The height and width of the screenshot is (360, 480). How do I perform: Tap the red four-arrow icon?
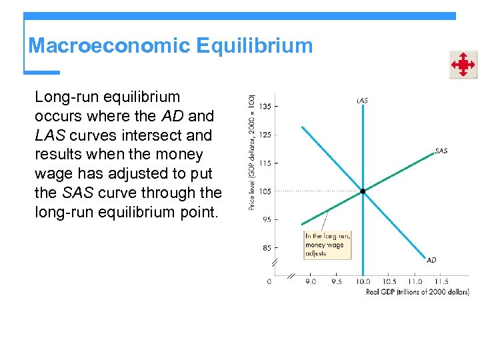pyautogui.click(x=462, y=65)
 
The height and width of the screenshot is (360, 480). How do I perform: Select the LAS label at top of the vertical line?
pyautogui.click(x=362, y=101)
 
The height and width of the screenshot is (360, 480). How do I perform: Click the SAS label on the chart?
pyautogui.click(x=441, y=151)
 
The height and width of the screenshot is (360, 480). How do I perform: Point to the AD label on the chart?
pyautogui.click(x=431, y=260)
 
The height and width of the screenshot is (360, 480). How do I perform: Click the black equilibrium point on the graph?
pyautogui.click(x=363, y=191)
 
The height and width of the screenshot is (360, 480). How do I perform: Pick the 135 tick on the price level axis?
pyautogui.click(x=265, y=106)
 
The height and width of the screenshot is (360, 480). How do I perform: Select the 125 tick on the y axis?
pyautogui.click(x=265, y=135)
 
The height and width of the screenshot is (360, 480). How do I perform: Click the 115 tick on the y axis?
pyautogui.click(x=265, y=163)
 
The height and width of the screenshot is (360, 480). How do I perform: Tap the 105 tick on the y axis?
pyautogui.click(x=265, y=191)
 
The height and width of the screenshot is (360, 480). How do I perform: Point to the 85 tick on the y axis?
pyautogui.click(x=266, y=248)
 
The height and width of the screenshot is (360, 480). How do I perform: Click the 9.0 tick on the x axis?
pyautogui.click(x=311, y=281)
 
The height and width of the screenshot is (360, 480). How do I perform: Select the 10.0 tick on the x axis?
pyautogui.click(x=363, y=281)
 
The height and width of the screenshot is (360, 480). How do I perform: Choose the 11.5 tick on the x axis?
pyautogui.click(x=441, y=281)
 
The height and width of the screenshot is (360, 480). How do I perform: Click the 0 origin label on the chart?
pyautogui.click(x=269, y=281)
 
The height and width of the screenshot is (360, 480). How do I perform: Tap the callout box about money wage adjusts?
pyautogui.click(x=327, y=245)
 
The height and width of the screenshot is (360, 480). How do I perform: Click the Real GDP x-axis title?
pyautogui.click(x=417, y=292)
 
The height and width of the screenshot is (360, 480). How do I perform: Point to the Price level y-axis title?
pyautogui.click(x=252, y=152)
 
